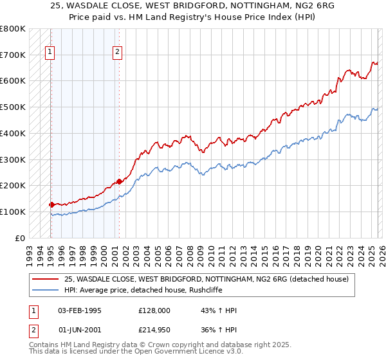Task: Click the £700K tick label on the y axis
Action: coord(12,55)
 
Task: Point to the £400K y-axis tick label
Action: coord(12,134)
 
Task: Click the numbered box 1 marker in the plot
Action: coord(50,53)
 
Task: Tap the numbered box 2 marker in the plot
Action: coord(118,53)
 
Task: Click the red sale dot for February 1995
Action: coord(51,204)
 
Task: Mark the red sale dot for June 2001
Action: coord(119,181)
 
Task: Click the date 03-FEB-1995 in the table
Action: coord(80,310)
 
